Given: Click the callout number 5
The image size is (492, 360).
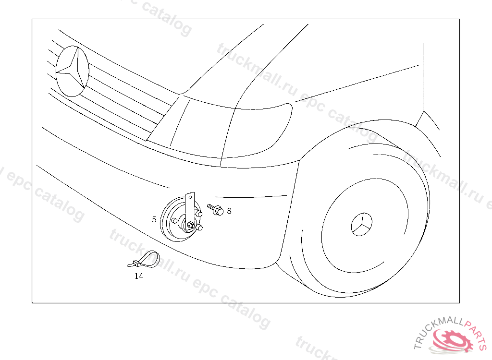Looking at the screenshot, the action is click(x=154, y=219).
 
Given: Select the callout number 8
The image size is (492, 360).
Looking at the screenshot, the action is click(x=229, y=211).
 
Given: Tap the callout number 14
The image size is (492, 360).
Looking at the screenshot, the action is click(x=139, y=276).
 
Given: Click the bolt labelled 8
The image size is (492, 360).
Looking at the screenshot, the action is click(x=215, y=209).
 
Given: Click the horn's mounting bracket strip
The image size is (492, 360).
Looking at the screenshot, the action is click(x=189, y=211).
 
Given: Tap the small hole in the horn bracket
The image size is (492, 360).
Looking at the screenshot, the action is click(x=189, y=197).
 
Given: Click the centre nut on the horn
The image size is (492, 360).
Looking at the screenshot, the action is click(x=190, y=225).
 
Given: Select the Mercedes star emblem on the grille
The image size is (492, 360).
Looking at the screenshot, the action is click(x=72, y=71).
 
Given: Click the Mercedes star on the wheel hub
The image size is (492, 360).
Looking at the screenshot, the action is click(x=361, y=224).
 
